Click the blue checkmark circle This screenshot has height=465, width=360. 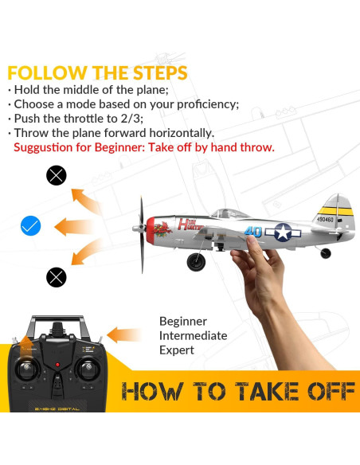30,226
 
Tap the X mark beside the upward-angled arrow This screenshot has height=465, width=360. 56,175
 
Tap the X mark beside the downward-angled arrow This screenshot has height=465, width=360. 56,277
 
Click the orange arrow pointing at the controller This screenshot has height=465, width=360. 123,335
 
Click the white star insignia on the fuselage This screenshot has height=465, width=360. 283,232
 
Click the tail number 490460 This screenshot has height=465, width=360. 326,219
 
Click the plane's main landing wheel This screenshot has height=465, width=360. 195,262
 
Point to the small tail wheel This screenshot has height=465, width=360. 326,253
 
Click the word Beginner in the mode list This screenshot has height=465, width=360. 182,321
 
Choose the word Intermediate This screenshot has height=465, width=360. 193,335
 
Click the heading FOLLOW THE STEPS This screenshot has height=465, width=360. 97,73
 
